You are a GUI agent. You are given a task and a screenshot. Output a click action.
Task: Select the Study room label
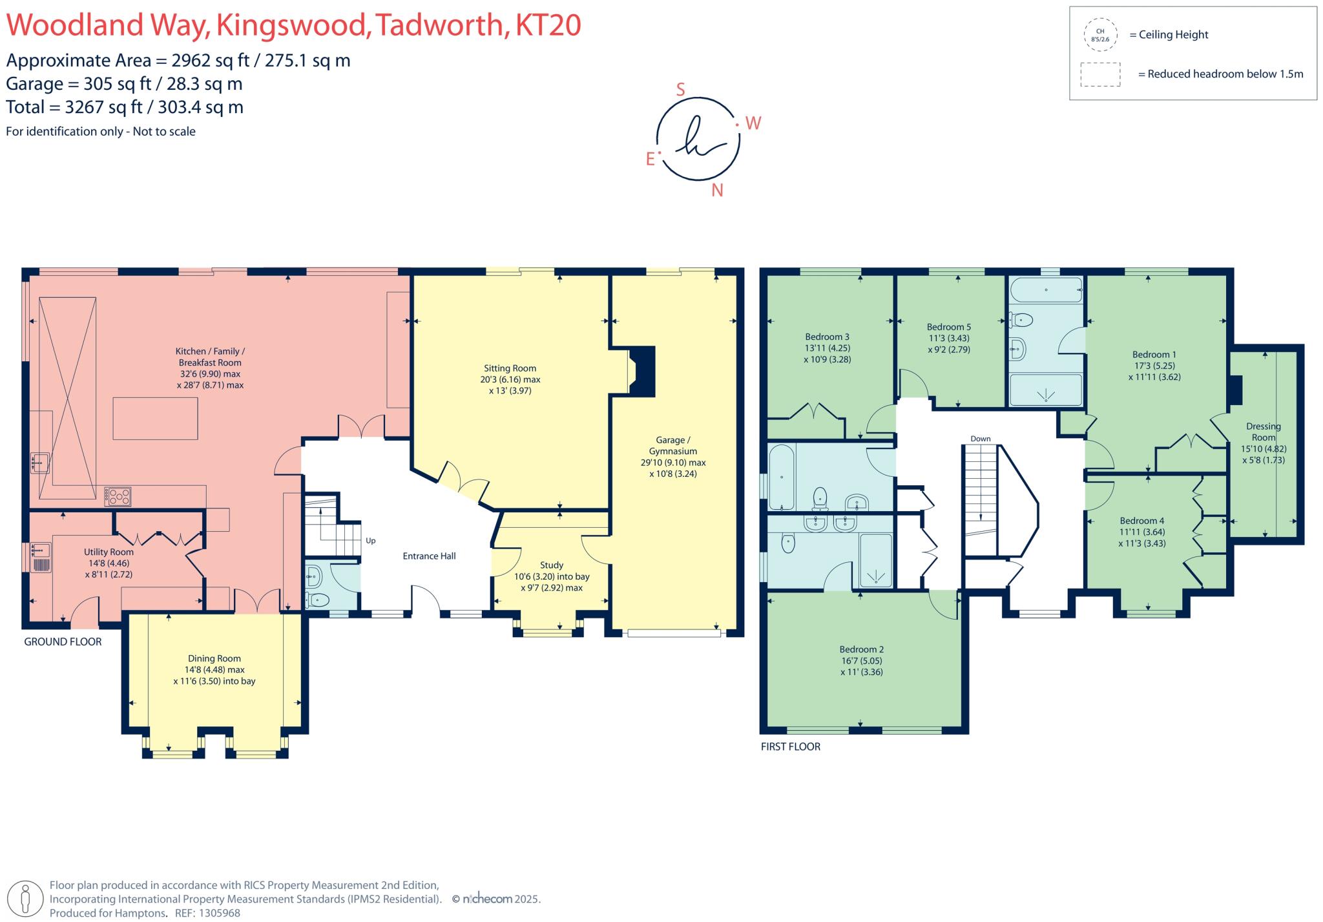(552, 565)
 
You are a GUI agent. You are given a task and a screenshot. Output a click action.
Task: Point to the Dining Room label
(214, 658)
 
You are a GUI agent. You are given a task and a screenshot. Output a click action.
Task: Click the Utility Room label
(109, 552)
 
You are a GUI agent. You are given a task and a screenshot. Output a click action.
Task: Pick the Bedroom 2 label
(861, 649)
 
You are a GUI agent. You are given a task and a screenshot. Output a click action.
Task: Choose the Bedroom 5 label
(949, 327)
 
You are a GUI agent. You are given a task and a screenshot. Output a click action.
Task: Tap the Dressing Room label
(1263, 432)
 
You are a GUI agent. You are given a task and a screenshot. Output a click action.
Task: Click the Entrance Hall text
(429, 556)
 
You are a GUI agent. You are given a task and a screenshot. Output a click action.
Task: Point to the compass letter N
(716, 191)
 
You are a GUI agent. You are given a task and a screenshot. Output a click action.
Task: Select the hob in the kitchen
(118, 496)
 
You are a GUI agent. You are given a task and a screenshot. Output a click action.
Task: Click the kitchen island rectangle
(155, 419)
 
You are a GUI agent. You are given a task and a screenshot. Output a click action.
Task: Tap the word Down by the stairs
(980, 439)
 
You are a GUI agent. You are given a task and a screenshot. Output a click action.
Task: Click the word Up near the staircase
(370, 541)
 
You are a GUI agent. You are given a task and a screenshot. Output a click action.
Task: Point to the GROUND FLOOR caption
(63, 642)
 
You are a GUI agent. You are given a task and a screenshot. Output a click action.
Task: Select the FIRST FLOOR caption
(790, 746)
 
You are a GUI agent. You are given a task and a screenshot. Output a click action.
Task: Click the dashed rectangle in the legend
(1100, 74)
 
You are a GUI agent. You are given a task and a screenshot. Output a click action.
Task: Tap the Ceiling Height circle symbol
(1100, 35)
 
